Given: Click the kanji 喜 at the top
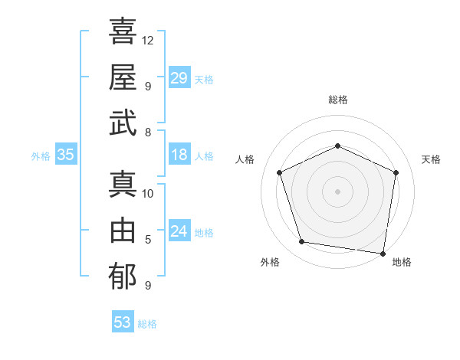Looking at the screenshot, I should [x=123, y=32].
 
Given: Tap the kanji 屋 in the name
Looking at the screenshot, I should [x=123, y=77].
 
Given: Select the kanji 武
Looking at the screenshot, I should [x=123, y=123].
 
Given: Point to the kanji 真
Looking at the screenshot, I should [x=123, y=185].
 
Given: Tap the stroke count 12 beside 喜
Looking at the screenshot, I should [x=148, y=40].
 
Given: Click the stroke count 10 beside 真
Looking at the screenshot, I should [x=148, y=193].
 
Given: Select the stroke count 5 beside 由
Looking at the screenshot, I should [x=148, y=239].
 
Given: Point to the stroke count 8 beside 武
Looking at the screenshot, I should [x=148, y=132].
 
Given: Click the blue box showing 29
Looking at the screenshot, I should [x=179, y=78].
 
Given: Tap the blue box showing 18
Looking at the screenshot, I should [x=179, y=155].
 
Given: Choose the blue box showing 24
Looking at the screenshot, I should [x=179, y=231].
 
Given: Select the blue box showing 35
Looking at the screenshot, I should [x=65, y=155].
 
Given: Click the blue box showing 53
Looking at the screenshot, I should [x=122, y=322].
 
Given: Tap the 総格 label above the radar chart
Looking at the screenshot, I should [x=337, y=100].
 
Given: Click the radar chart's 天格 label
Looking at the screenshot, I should [x=431, y=159].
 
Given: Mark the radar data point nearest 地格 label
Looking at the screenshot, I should [x=383, y=253].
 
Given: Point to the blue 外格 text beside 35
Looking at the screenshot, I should [x=41, y=156].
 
